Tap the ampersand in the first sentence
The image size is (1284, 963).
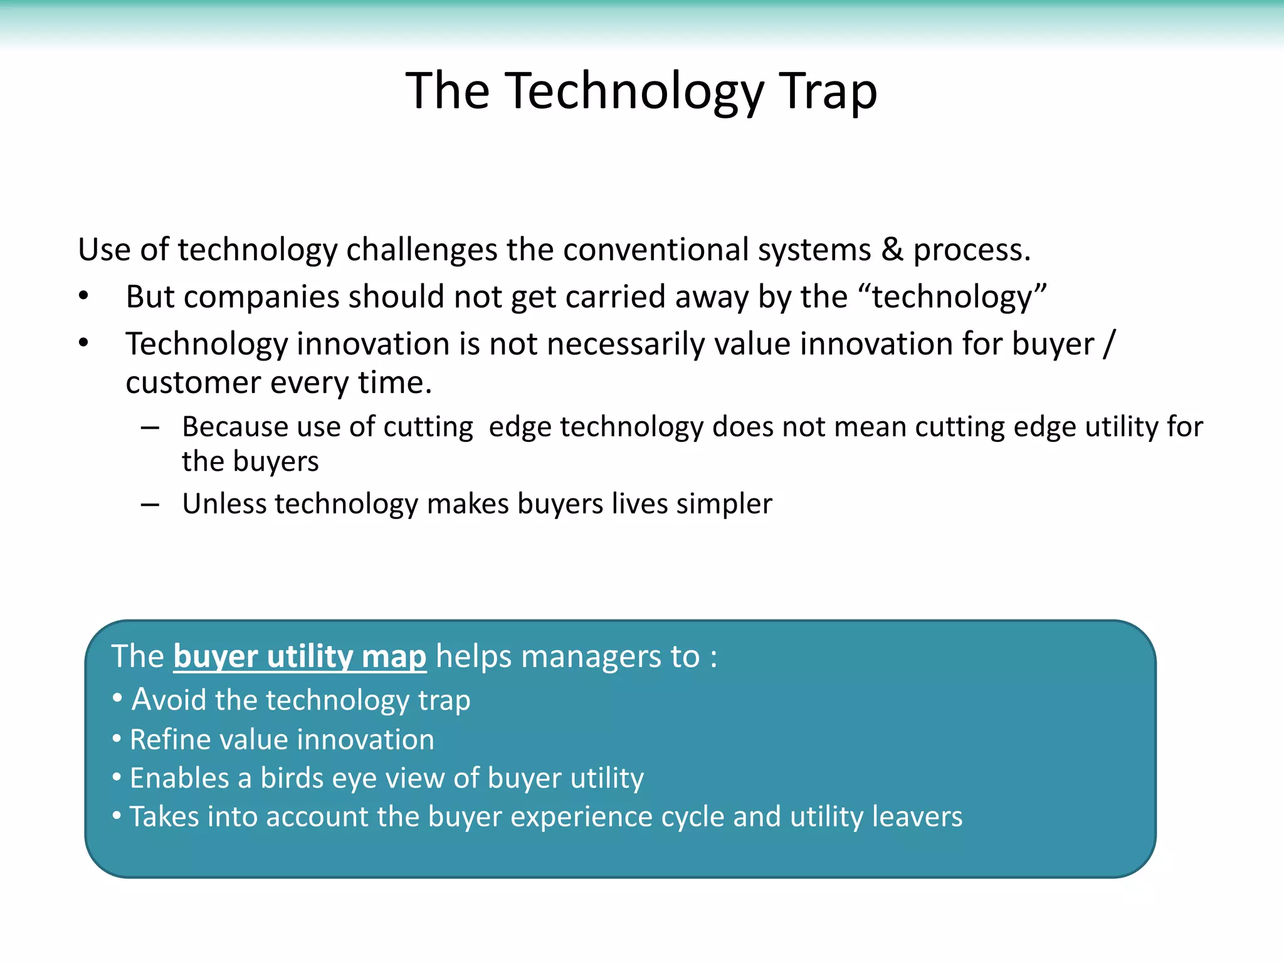pyautogui.click(x=892, y=250)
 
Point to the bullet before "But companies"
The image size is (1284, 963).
pyautogui.click(x=84, y=297)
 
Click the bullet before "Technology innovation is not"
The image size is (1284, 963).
pyautogui.click(x=84, y=344)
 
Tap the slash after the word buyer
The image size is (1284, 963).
pyautogui.click(x=1110, y=344)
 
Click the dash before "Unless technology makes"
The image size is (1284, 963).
pyautogui.click(x=150, y=505)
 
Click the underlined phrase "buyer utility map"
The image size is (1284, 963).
pyautogui.click(x=300, y=657)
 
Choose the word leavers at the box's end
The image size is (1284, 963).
pyautogui.click(x=917, y=817)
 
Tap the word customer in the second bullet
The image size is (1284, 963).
pyautogui.click(x=192, y=382)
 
